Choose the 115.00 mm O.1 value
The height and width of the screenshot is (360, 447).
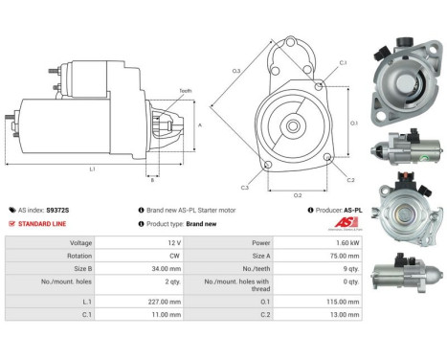345,301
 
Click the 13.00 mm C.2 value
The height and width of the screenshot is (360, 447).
346,313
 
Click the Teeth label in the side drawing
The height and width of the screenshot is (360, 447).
185,91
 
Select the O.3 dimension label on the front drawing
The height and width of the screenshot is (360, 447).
235,70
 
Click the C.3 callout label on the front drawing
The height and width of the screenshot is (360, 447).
245,188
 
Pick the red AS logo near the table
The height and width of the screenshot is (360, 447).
344,224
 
